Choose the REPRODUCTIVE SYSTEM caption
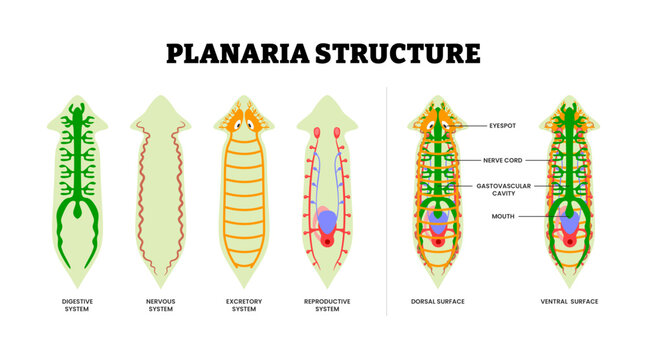(327, 304)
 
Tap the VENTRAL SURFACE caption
(568, 300)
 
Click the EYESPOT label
(503, 127)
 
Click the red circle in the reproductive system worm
(327, 239)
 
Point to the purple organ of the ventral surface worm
(569, 224)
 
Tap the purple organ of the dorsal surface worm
(439, 224)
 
